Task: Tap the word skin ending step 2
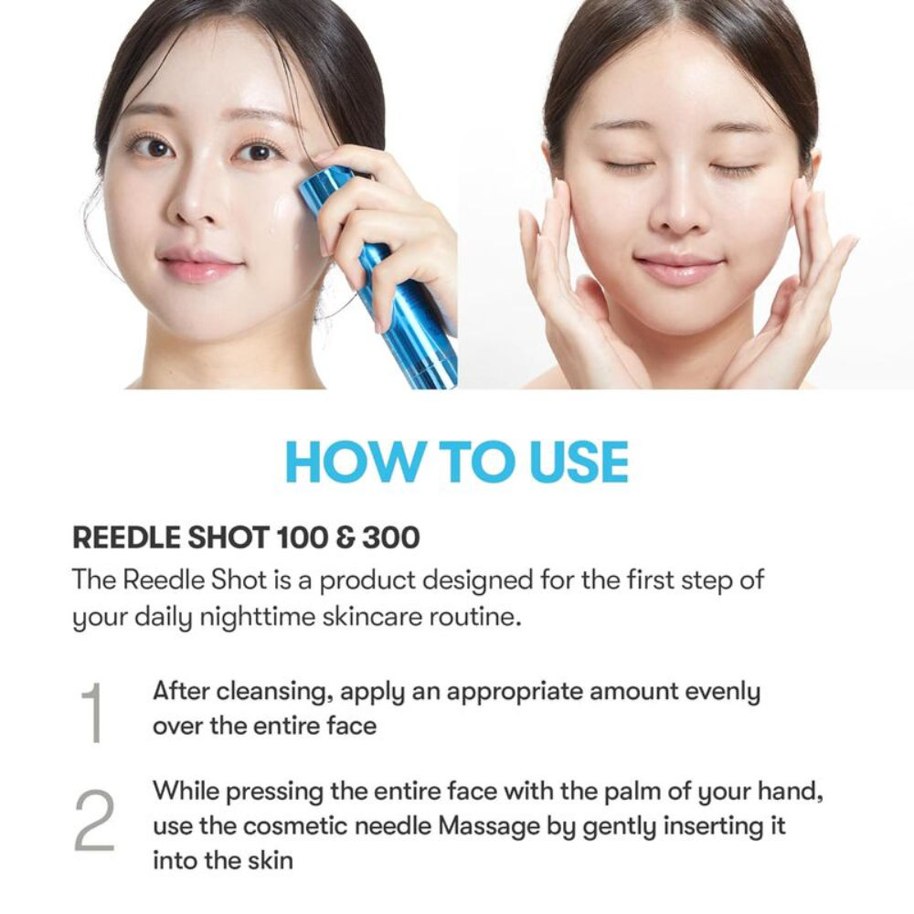click(266, 861)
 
